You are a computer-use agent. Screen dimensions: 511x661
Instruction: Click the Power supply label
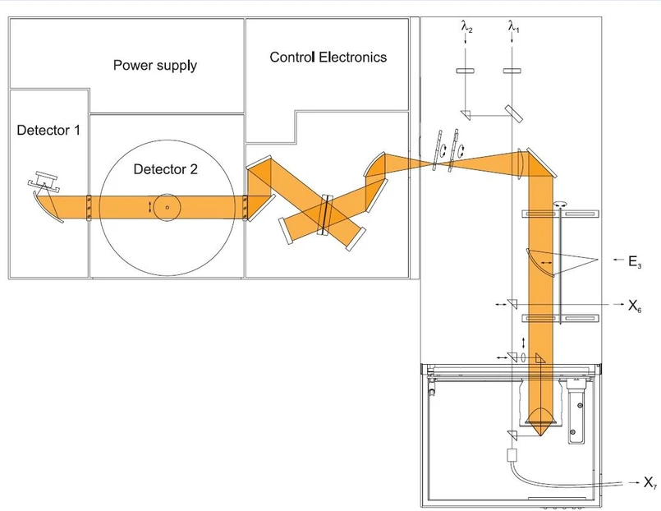(x=155, y=65)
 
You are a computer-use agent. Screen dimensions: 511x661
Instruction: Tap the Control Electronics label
(x=328, y=58)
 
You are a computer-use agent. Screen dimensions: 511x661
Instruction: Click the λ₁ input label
(x=514, y=28)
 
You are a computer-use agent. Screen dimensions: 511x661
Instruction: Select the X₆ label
(x=635, y=306)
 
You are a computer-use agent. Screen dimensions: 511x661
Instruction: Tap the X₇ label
(x=649, y=481)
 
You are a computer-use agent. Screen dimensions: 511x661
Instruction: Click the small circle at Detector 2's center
(x=167, y=207)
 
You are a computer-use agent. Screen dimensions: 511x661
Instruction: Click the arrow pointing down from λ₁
(x=514, y=45)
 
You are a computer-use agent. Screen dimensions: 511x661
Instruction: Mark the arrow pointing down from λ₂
(x=466, y=45)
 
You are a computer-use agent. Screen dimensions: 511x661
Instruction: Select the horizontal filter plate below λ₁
(x=514, y=71)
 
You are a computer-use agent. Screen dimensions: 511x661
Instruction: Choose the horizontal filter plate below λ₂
(x=466, y=71)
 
